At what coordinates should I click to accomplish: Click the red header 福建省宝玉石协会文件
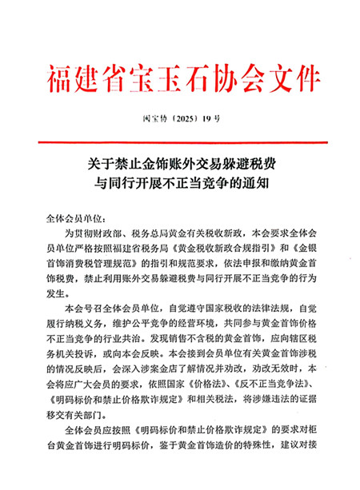179,78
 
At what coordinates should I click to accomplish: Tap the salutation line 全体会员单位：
78,217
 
